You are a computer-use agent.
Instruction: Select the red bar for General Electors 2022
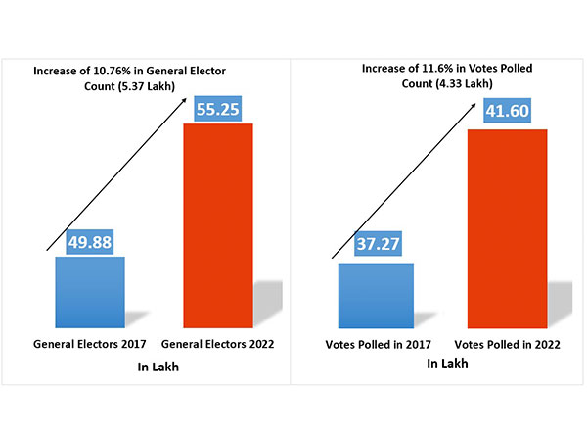coord(217,224)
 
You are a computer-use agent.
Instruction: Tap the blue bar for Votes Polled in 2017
coord(376,295)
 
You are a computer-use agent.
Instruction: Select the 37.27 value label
coord(376,245)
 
